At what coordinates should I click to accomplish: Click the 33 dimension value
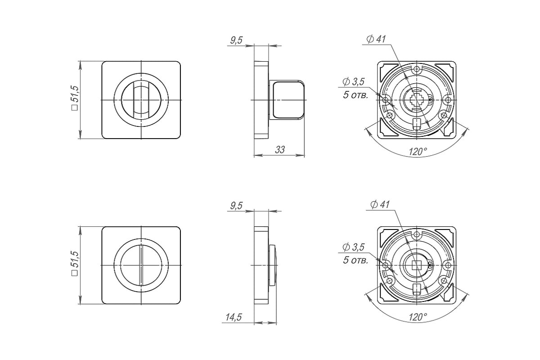[280, 150]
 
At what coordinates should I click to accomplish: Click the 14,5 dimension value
[234, 317]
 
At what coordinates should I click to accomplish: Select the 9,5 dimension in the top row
[236, 40]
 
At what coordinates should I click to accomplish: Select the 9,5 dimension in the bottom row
[236, 206]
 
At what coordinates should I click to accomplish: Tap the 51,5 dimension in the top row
[75, 94]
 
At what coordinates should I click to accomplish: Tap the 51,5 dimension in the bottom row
[75, 260]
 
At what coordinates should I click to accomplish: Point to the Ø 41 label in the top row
[376, 39]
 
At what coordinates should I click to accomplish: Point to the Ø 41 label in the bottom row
[380, 205]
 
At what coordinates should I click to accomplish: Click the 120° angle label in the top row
[418, 152]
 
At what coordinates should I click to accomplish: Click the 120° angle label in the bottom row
[418, 317]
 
